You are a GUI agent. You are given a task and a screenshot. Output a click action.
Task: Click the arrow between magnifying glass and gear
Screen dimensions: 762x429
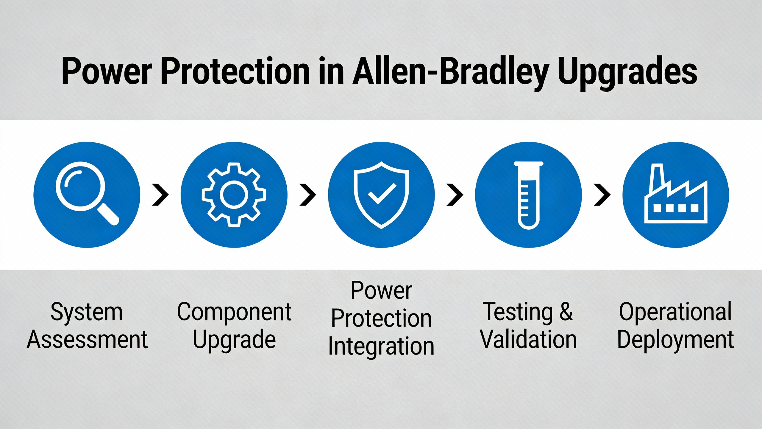(161, 195)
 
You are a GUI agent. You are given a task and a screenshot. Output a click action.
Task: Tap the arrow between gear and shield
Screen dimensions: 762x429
(308, 195)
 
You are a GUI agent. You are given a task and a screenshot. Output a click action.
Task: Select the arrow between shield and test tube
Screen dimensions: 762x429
(455, 195)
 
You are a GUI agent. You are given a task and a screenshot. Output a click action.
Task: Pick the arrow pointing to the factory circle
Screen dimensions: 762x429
(602, 195)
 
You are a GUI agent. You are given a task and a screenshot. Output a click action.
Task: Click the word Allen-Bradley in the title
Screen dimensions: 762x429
(451, 73)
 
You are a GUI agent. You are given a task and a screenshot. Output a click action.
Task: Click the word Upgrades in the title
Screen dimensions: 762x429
(628, 73)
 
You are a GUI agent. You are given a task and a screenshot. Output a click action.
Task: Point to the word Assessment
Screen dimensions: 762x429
(87, 340)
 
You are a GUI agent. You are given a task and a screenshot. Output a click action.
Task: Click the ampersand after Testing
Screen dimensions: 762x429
(566, 312)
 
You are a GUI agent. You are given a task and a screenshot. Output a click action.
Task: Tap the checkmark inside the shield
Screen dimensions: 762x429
(382, 194)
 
